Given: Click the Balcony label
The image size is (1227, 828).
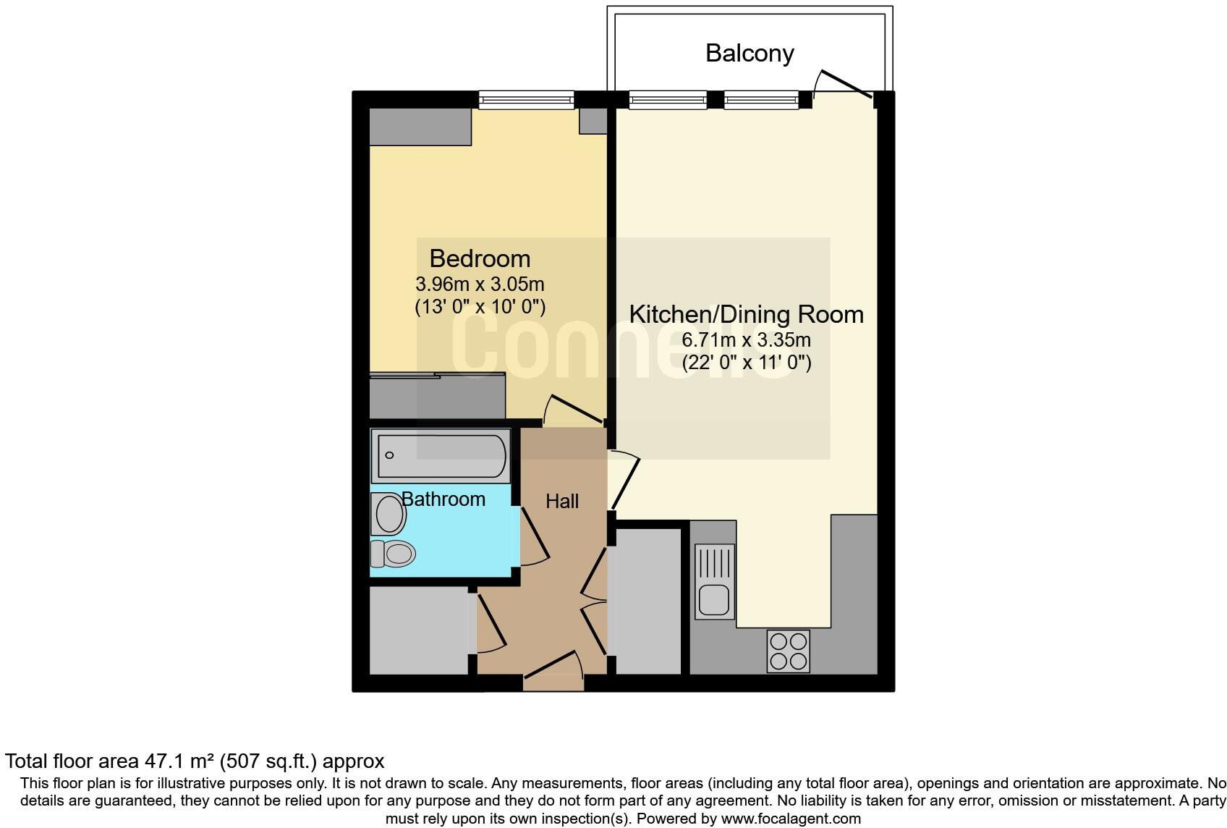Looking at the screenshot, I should pyautogui.click(x=750, y=53).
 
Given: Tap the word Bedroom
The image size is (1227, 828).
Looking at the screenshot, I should pyautogui.click(x=480, y=258).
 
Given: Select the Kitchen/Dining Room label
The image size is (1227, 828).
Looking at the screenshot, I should pyautogui.click(x=746, y=314).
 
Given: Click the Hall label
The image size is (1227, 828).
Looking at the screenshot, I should pyautogui.click(x=562, y=501).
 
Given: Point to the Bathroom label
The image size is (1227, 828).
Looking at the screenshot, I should pyautogui.click(x=443, y=499).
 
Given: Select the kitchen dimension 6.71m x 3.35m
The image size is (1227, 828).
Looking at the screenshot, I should pyautogui.click(x=746, y=339).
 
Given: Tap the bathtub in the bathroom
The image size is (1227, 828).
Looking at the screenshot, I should pyautogui.click(x=441, y=455).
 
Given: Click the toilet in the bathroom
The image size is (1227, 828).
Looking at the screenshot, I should pyautogui.click(x=392, y=554).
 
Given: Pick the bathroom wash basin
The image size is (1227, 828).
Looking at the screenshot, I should pyautogui.click(x=389, y=514).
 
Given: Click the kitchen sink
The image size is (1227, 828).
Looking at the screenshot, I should pyautogui.click(x=715, y=599).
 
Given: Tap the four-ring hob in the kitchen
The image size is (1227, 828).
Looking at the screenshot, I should pyautogui.click(x=788, y=651).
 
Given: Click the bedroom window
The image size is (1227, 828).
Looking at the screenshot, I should pyautogui.click(x=526, y=100).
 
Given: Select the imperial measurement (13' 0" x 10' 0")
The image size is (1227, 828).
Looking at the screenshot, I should pyautogui.click(x=480, y=307).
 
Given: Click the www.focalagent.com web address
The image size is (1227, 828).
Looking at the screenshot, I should pyautogui.click(x=791, y=819).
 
